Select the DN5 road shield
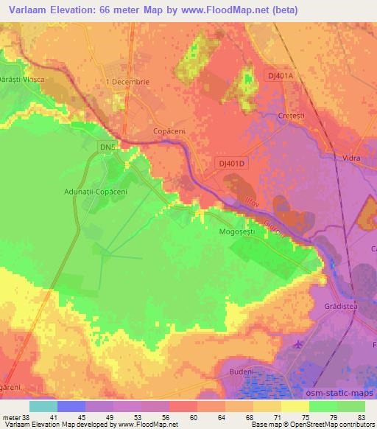point(108,147)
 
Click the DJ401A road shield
point(280,76)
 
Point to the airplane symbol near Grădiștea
point(297,344)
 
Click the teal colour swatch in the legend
point(44,406)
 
